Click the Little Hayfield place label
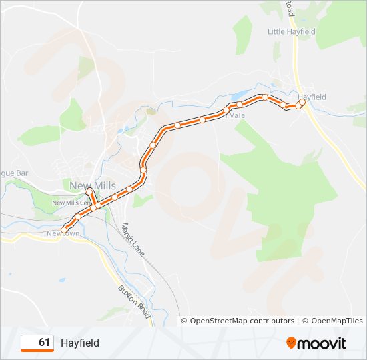point(291,31)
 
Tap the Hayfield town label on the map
point(312,97)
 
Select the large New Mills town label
point(93,185)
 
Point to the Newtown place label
point(63,234)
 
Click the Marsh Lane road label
point(133,241)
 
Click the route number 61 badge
point(37,343)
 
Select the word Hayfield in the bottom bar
point(80,343)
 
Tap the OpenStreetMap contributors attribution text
point(238,321)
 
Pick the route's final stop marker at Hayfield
point(302,102)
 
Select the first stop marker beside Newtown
point(64,231)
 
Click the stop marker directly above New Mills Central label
point(88,191)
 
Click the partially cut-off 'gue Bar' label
point(13,173)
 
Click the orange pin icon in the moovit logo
point(292,343)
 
